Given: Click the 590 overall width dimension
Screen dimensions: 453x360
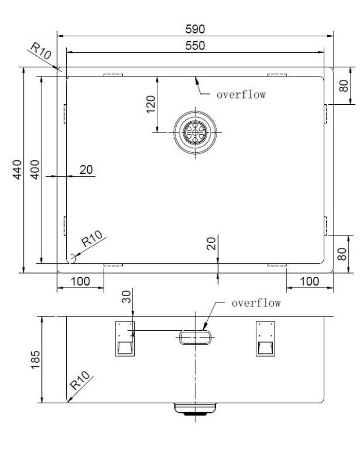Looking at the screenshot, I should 196,28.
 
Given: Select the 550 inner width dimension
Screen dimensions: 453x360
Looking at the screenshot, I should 196,45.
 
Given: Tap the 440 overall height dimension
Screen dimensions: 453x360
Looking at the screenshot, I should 17,170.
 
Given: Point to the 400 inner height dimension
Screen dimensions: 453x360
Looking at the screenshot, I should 35,170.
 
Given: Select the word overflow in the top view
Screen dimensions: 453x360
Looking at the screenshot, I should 241,95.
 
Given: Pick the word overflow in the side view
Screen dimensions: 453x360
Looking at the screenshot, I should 256,303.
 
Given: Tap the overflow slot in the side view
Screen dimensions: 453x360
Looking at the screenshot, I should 195,337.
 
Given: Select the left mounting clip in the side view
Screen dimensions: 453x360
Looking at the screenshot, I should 125,339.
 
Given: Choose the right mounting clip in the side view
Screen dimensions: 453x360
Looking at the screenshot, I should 265,339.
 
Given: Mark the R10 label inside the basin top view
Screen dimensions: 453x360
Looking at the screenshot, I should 91,239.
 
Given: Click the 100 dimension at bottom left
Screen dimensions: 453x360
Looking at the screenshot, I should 80,281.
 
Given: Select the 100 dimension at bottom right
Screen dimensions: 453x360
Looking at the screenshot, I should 308,281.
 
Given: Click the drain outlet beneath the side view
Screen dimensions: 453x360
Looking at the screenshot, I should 195,409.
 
